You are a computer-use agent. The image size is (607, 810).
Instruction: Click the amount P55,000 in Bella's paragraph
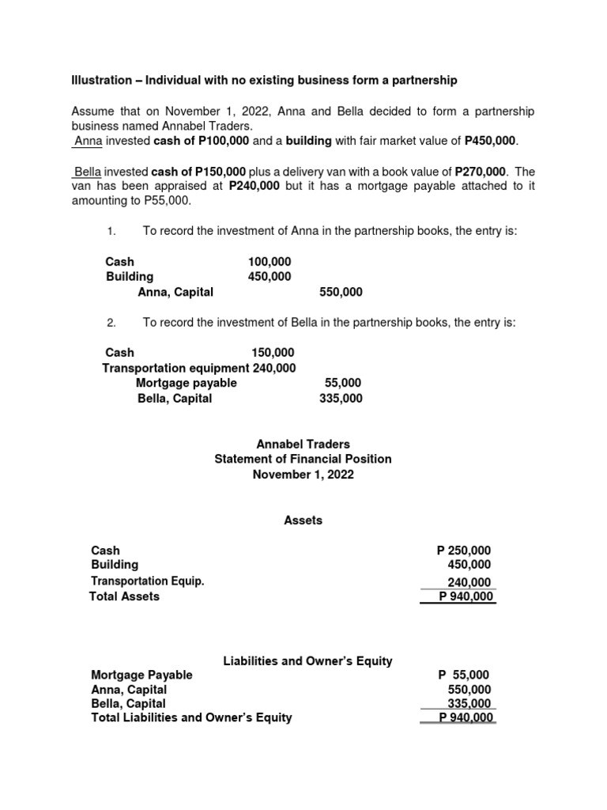(x=164, y=201)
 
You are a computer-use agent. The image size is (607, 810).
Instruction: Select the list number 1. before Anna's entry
(x=111, y=231)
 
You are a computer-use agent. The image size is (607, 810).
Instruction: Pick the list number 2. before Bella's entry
(x=111, y=323)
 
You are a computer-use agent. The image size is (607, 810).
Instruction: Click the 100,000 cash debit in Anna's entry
(x=269, y=262)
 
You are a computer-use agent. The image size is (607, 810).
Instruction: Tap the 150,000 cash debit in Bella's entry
(x=273, y=353)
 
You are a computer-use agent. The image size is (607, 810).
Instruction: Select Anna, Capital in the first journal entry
(x=175, y=292)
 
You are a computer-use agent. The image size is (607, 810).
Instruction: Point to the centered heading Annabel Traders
(x=303, y=445)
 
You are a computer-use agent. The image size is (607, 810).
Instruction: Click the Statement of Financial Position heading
(x=303, y=460)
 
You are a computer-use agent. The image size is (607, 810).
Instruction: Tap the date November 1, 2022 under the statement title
(x=303, y=475)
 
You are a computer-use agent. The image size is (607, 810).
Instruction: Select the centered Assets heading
(x=303, y=520)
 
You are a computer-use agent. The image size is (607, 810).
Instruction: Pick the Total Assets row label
(x=125, y=596)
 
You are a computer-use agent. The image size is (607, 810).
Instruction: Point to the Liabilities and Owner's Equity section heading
(x=308, y=661)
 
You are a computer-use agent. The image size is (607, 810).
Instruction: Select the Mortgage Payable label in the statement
(x=141, y=676)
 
